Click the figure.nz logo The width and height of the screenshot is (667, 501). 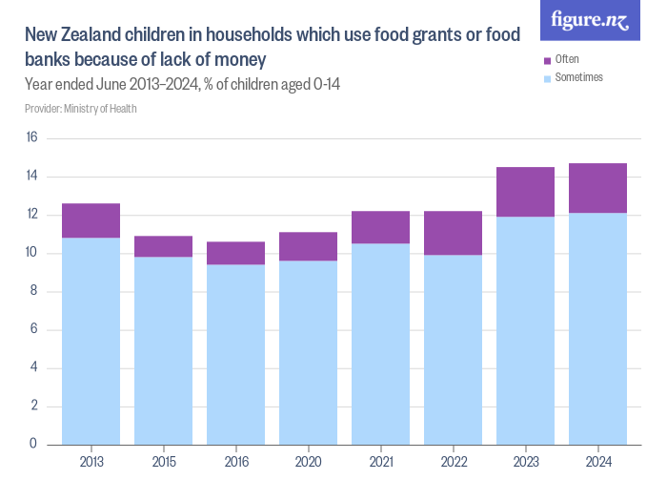[x=590, y=21]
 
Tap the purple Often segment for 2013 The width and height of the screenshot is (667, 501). [x=91, y=220]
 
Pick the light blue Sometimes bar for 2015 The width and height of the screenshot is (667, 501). [x=163, y=350]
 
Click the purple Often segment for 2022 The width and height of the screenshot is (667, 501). [x=453, y=233]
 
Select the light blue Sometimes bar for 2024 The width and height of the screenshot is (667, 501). [x=597, y=328]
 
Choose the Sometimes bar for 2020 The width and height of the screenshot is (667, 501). [x=308, y=352]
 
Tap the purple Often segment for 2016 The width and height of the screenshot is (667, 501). [x=235, y=253]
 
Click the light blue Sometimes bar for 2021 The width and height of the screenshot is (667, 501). [x=380, y=344]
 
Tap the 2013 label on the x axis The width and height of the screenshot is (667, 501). [x=91, y=461]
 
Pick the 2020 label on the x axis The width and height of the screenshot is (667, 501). [x=308, y=461]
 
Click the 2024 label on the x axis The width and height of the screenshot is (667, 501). [x=597, y=461]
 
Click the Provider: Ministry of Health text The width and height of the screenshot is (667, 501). [x=80, y=109]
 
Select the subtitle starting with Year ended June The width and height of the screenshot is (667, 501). [x=182, y=85]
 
